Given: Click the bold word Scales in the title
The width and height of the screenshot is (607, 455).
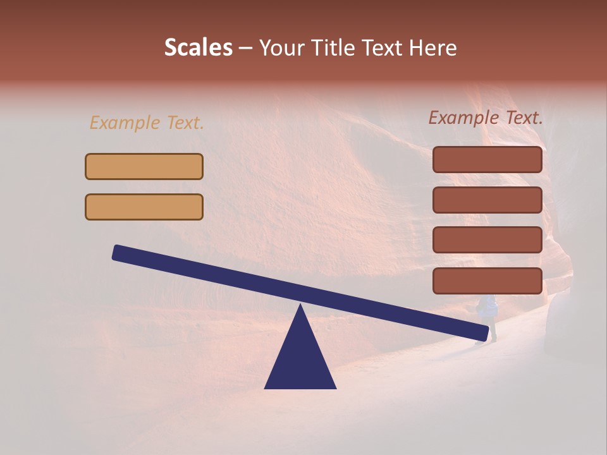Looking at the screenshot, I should [x=198, y=48].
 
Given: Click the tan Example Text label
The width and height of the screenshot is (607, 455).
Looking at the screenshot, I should [x=147, y=123].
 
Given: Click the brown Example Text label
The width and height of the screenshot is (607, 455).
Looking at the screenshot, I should [x=486, y=118].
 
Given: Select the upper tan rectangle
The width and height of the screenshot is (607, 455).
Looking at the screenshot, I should [x=144, y=166].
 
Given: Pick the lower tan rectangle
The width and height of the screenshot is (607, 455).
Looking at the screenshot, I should [x=144, y=207].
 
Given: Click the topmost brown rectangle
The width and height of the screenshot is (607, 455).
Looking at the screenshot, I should [x=487, y=159].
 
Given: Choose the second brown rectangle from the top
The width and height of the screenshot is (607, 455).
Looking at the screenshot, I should [x=487, y=200].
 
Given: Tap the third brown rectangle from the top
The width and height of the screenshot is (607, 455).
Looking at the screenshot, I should [x=487, y=240].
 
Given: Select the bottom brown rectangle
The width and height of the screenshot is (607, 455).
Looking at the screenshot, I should [x=487, y=281].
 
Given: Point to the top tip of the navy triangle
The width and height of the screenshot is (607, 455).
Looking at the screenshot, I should [x=300, y=306].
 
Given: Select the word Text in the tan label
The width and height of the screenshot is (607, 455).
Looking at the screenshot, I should [x=185, y=123].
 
